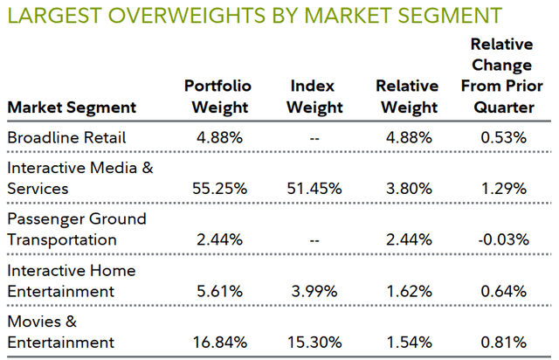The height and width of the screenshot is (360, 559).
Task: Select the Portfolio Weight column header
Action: tap(218, 97)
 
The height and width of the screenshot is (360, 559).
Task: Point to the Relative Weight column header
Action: tap(406, 97)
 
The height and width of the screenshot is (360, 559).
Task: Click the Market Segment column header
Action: tap(72, 107)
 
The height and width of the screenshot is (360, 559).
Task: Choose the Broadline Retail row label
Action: tap(66, 138)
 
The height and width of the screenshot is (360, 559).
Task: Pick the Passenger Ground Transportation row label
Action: tap(77, 229)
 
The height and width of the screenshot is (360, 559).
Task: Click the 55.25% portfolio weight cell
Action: tap(218, 188)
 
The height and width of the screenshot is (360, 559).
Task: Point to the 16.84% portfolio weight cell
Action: tap(218, 341)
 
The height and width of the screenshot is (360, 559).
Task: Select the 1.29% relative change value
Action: tap(501, 188)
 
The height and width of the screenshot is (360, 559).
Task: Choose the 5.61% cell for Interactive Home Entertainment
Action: tap(218, 290)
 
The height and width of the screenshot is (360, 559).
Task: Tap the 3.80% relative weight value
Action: tap(406, 188)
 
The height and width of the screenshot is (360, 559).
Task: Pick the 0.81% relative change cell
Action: tap(501, 341)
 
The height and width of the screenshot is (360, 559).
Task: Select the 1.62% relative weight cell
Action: tap(406, 290)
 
